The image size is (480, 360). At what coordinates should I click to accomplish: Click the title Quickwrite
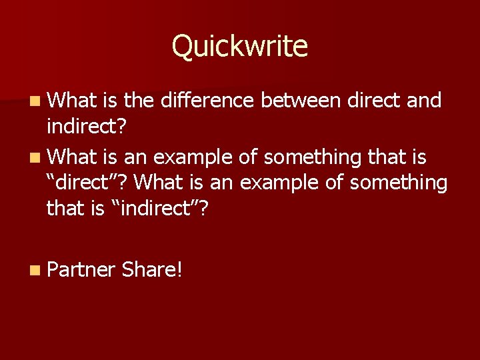pyautogui.click(x=240, y=47)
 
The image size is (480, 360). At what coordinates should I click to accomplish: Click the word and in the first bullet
pyautogui.click(x=424, y=101)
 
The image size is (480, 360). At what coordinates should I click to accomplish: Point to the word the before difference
pyautogui.click(x=139, y=101)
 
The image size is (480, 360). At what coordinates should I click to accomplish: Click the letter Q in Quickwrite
pyautogui.click(x=183, y=47)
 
